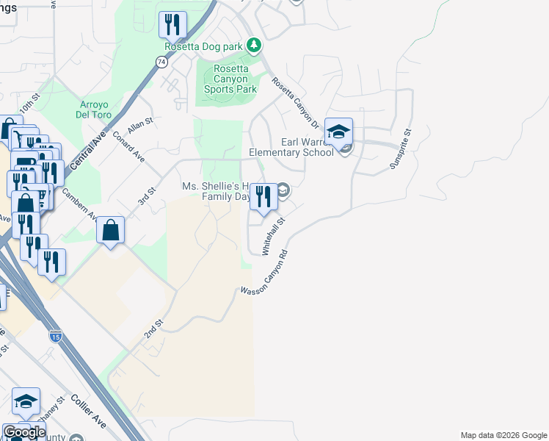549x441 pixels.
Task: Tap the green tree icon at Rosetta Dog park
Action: (x=254, y=46)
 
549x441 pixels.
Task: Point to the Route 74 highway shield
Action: (x=161, y=62)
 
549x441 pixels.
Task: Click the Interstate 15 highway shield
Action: (x=55, y=336)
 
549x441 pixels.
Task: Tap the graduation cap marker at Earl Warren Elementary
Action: (x=338, y=132)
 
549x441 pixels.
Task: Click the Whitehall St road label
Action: (x=273, y=236)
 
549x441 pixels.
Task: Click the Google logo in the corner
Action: (x=23, y=432)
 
